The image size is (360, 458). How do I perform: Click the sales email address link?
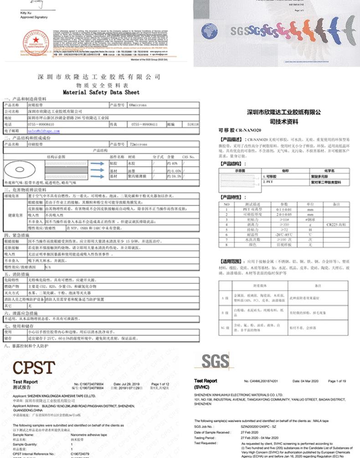pos(44,130)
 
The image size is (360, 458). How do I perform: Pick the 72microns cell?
pos(135,143)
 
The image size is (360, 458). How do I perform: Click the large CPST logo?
pos(34,368)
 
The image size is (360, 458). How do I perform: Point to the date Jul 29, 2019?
pos(126,384)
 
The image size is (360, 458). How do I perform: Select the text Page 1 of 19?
pos(337,381)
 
